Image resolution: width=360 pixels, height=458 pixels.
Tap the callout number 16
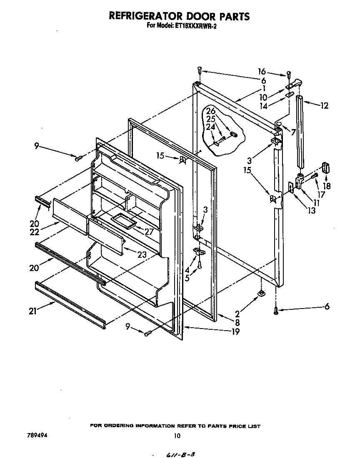[x=262, y=72]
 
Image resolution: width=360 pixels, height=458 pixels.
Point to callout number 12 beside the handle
[x=324, y=106]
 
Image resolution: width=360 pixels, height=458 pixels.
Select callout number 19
[x=235, y=332]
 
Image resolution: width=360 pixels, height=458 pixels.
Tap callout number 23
[x=142, y=255]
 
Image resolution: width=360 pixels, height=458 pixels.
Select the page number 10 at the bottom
[x=177, y=436]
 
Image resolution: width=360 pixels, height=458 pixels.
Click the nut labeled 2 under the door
[x=261, y=294]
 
